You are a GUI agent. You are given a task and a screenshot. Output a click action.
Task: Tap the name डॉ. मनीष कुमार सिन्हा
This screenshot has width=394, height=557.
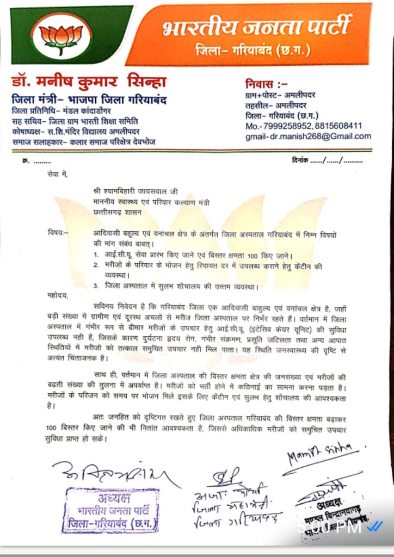(x=89, y=83)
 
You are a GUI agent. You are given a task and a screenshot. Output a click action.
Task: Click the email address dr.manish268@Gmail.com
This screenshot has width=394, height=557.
(x=321, y=136)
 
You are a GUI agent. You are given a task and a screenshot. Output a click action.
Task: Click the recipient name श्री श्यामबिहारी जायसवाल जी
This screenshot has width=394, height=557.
(x=135, y=192)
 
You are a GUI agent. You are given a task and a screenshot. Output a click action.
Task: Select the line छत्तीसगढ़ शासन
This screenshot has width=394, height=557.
(x=114, y=213)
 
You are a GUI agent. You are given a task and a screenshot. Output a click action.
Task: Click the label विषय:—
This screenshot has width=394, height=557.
(x=58, y=233)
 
